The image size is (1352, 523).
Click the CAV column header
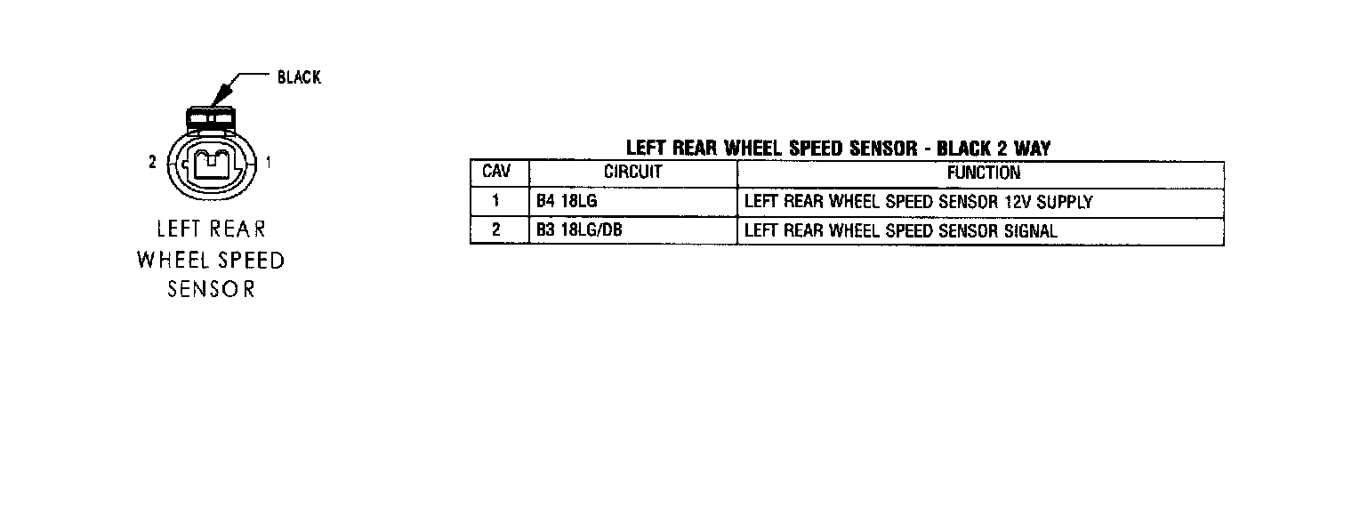(495, 172)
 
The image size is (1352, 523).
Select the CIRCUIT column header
(632, 172)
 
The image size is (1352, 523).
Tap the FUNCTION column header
(983, 172)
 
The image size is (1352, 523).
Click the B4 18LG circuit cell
(567, 201)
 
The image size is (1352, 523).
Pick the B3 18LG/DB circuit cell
(579, 230)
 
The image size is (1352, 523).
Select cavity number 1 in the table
(495, 201)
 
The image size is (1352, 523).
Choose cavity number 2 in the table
(495, 230)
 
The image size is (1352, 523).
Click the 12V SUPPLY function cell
(918, 201)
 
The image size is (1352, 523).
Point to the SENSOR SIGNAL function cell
(900, 230)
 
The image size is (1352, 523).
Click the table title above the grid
(838, 148)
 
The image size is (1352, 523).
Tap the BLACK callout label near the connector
(299, 77)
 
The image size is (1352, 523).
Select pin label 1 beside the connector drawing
(269, 162)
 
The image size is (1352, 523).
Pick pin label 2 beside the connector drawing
(153, 162)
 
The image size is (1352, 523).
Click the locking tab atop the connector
(211, 117)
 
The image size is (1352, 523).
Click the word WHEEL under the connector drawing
(171, 261)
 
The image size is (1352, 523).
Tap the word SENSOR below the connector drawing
(211, 290)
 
